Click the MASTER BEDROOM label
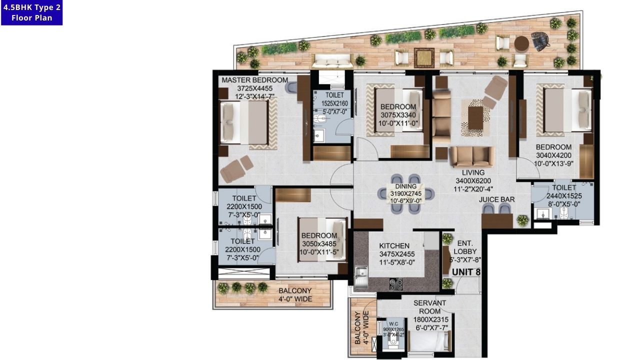[254, 80]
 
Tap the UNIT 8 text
[466, 272]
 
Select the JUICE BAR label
[497, 199]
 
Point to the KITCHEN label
[394, 246]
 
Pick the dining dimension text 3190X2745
[405, 193]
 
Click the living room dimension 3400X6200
[473, 181]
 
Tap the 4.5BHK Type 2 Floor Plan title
[31, 12]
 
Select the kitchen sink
[360, 273]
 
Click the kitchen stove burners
[396, 284]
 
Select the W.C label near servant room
[393, 322]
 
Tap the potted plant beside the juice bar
[522, 219]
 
